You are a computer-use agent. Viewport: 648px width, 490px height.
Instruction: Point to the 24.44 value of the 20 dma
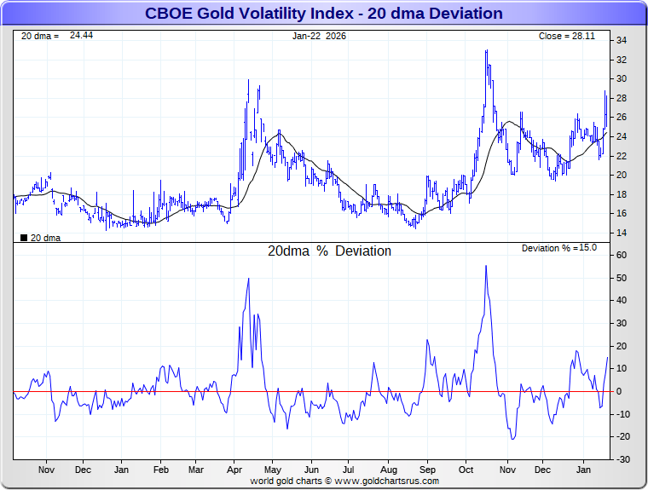82,36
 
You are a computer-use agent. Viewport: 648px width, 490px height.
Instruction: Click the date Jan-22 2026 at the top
319,36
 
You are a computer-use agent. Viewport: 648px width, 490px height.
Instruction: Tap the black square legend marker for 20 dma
23,238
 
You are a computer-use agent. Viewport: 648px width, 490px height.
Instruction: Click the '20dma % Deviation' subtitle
329,251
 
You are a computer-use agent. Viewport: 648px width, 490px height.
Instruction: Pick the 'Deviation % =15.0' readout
558,248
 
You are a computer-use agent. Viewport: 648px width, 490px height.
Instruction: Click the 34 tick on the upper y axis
622,40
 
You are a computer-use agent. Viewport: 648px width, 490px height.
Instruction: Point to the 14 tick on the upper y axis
622,233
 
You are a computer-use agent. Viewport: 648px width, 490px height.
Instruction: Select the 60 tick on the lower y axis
622,255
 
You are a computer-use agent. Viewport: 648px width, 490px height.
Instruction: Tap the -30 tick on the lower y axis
622,459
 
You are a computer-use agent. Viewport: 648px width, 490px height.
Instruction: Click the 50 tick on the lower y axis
622,278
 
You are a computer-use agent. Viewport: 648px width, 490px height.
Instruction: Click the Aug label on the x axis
388,470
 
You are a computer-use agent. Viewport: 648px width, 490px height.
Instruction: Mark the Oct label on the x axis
466,470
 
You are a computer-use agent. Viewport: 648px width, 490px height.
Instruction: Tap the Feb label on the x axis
160,470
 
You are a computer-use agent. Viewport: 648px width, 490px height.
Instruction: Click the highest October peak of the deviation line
486,266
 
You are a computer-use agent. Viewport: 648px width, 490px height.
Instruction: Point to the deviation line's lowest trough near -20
513,439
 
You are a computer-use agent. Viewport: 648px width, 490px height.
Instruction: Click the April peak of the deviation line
248,279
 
